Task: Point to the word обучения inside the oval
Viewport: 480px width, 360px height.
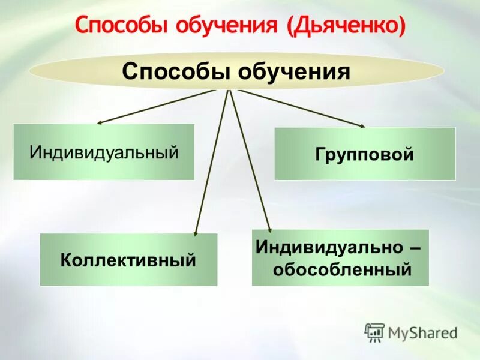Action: tap(294, 72)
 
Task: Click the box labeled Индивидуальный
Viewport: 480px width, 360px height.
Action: tap(104, 152)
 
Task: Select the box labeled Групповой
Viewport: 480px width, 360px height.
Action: tap(365, 154)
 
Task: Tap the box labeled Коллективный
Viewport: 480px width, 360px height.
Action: tap(128, 260)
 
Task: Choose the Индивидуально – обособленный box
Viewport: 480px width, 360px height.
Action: tap(340, 257)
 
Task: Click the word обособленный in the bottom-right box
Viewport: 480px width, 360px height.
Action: tap(343, 269)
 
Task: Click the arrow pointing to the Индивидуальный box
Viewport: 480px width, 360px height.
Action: tap(156, 107)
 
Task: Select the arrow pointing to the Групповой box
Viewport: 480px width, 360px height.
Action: tap(300, 108)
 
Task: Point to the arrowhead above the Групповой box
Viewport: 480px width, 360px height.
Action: tap(362, 125)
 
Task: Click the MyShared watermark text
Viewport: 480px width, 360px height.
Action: tap(422, 332)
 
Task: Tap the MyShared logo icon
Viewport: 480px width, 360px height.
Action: tap(374, 331)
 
